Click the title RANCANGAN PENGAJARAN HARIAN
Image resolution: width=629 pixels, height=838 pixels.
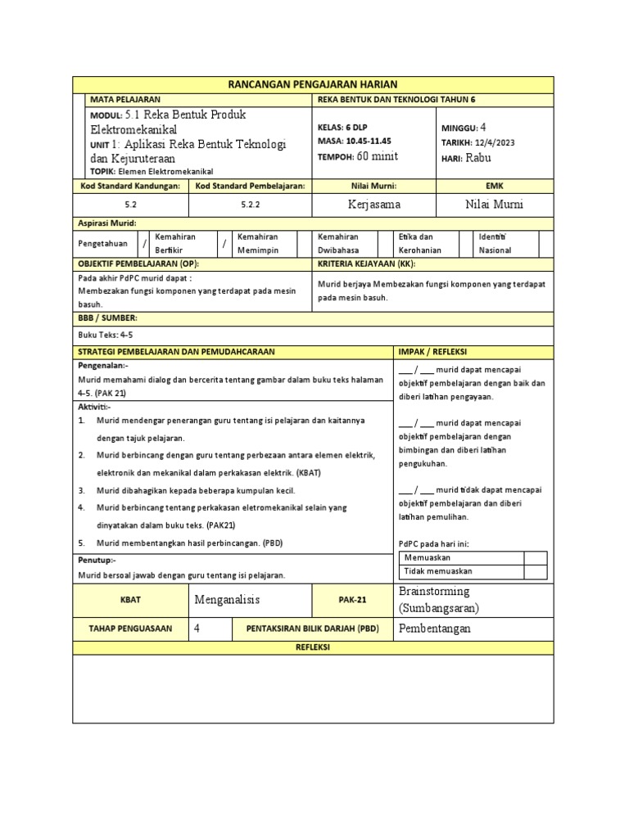(x=314, y=84)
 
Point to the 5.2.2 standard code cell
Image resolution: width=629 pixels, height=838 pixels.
(x=251, y=204)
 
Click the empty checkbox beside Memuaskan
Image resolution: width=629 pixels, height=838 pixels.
(x=535, y=557)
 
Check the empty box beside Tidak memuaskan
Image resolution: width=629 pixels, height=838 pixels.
(x=535, y=571)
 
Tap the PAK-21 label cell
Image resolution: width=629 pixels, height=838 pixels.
(x=352, y=599)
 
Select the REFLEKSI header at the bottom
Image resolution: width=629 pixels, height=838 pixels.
(x=314, y=647)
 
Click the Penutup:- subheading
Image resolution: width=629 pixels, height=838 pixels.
(x=97, y=561)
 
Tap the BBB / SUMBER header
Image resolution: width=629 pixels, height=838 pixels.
(x=107, y=317)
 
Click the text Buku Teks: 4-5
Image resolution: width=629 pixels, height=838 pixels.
(x=104, y=334)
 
